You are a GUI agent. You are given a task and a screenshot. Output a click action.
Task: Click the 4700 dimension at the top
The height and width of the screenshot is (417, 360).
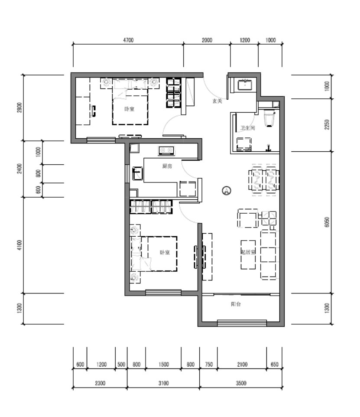[x=128, y=40]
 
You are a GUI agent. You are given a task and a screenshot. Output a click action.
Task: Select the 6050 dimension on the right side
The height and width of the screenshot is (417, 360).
[x=327, y=222]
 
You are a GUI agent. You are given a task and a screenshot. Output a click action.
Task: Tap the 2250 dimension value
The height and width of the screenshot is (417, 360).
[x=327, y=125]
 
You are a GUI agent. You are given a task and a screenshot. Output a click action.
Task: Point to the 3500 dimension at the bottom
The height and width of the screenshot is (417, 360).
[x=241, y=383]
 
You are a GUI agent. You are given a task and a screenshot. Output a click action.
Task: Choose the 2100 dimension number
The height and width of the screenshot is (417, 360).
[x=242, y=365]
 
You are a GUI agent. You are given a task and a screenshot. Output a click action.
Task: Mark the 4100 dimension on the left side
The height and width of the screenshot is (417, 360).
[x=19, y=245]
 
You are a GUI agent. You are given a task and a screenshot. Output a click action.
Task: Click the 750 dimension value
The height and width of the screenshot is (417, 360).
[x=208, y=365]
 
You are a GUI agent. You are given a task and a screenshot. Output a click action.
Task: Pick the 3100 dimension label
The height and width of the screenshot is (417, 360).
[x=163, y=383]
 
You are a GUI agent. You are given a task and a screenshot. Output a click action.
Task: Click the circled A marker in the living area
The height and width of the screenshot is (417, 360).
[x=226, y=190]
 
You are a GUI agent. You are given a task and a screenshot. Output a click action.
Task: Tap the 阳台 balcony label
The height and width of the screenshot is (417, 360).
[x=236, y=304]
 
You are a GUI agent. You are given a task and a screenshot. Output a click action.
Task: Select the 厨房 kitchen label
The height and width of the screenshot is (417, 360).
[x=167, y=166]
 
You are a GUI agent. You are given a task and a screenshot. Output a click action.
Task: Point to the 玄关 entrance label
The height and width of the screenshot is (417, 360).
[x=217, y=101]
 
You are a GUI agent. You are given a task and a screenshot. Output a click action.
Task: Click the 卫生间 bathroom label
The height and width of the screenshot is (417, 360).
[x=247, y=128]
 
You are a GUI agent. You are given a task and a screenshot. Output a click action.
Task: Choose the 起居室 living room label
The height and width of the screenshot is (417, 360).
[x=248, y=252]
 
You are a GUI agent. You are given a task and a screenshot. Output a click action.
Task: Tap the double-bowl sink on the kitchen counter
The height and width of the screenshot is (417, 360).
[x=166, y=150]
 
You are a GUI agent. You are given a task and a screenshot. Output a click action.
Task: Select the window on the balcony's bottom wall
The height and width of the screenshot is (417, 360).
[x=242, y=323]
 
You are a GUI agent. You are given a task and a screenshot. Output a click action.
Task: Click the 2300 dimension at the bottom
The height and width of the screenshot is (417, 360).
[x=100, y=383]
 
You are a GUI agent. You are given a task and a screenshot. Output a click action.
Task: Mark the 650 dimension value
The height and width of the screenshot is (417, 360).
[x=274, y=365]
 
